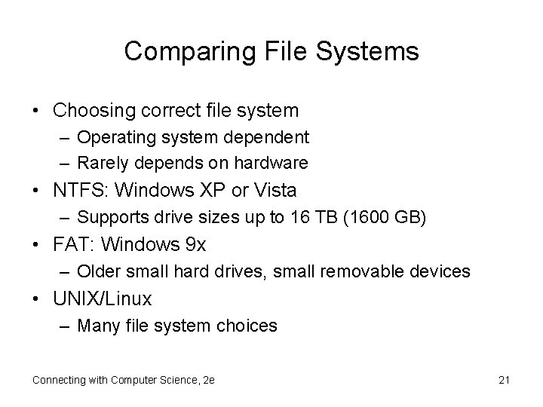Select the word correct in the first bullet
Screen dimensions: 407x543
coord(171,111)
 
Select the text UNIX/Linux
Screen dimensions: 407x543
coord(103,299)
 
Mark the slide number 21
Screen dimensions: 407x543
coord(505,380)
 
